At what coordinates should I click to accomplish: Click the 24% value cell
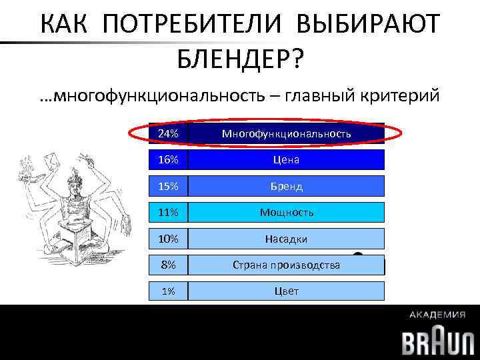pos(169,134)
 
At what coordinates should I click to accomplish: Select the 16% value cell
pos(169,160)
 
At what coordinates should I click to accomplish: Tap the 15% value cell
pos(169,186)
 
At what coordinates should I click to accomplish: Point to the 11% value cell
pos(169,212)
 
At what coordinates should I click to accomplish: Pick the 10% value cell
pos(169,238)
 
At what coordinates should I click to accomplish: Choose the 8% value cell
pos(169,265)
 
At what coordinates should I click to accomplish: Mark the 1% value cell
pos(169,291)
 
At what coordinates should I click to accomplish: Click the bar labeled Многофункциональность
pos(287,134)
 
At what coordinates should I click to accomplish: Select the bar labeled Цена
pos(287,160)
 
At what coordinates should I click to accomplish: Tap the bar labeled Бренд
pos(287,186)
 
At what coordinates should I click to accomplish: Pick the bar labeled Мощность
pos(287,212)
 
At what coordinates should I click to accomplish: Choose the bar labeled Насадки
pos(287,238)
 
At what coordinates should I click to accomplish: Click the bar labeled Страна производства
pos(287,265)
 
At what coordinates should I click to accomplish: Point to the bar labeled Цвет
pos(287,291)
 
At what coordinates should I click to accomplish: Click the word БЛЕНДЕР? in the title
pos(240,61)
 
